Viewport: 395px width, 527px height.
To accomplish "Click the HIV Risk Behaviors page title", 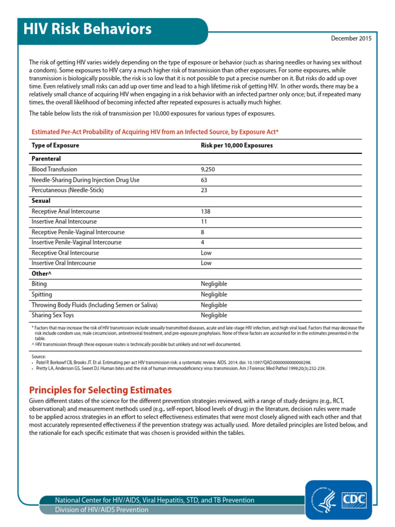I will [x=87, y=29].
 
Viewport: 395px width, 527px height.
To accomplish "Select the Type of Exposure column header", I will [x=56, y=146].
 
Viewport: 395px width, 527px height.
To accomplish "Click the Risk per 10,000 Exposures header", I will [x=236, y=146].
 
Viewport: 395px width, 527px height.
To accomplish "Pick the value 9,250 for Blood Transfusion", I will [x=209, y=169].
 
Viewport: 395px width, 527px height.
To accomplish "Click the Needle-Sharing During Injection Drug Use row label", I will [x=85, y=180].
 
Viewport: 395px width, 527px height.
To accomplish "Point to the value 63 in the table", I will [x=204, y=180].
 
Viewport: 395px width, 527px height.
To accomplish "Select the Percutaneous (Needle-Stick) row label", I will [x=67, y=190].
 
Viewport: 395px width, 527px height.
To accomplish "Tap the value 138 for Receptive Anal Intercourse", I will [x=206, y=212].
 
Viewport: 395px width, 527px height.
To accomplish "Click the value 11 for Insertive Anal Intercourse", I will [x=204, y=222].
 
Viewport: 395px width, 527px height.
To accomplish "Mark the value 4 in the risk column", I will [x=203, y=242].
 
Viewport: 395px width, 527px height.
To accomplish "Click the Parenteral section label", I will [x=46, y=159].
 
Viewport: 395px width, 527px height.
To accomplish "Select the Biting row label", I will [x=39, y=284].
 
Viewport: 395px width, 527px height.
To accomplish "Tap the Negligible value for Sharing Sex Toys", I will [x=213, y=315].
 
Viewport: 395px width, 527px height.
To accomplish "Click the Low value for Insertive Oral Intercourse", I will [x=206, y=263].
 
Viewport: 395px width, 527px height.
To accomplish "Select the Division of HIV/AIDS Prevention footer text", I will [x=102, y=510].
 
